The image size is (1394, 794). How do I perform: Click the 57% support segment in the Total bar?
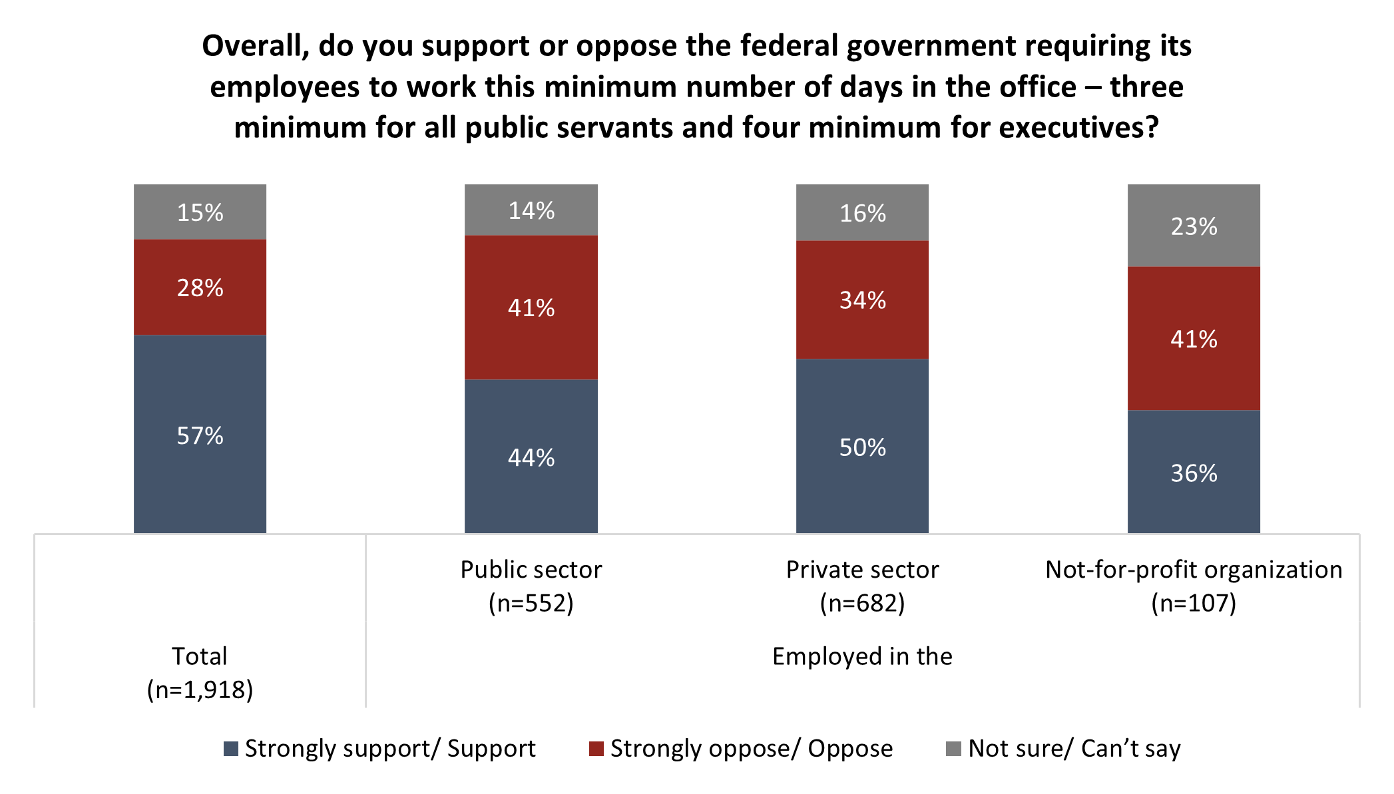[200, 434]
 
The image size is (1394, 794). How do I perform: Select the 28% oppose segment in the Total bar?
[200, 287]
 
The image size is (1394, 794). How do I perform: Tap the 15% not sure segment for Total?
[200, 212]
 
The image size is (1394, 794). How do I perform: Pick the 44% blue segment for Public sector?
[531, 457]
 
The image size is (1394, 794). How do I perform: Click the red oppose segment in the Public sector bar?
[531, 307]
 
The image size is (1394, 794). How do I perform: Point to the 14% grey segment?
[531, 210]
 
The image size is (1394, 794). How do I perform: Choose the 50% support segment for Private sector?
[862, 446]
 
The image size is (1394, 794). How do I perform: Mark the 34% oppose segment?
[862, 299]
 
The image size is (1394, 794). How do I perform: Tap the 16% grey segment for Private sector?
[862, 212]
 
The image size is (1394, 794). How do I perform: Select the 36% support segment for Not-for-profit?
[1194, 472]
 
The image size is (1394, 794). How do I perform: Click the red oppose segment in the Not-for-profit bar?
[1194, 338]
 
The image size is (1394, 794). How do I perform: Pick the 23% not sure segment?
[1194, 226]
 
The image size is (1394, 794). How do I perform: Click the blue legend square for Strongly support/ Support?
[231, 749]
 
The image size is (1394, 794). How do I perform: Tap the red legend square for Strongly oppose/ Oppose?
[596, 749]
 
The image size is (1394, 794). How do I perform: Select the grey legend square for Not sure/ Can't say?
[953, 749]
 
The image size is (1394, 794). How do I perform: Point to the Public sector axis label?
[531, 570]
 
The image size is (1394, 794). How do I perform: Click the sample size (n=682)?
[862, 603]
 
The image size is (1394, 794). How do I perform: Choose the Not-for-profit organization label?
[1194, 570]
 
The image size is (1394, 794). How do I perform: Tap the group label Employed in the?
[862, 656]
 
